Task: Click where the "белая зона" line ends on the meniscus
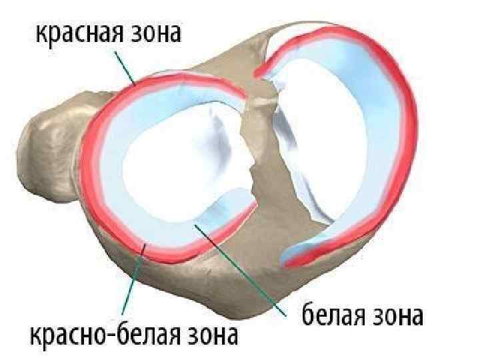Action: click(x=195, y=227)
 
